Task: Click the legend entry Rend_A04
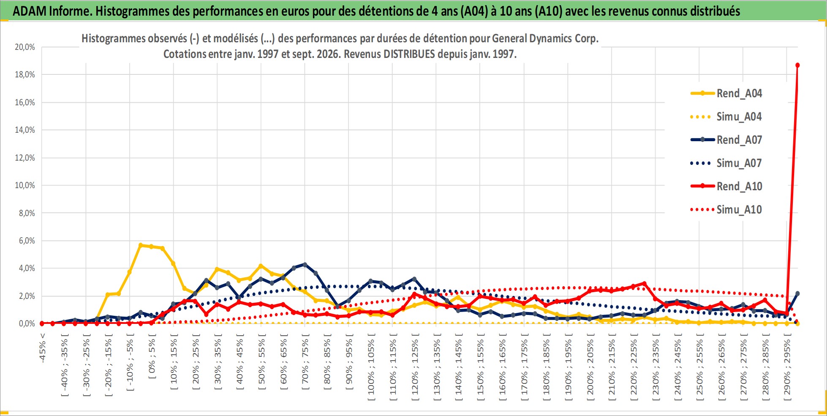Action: (x=726, y=93)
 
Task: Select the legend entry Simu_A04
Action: (x=726, y=117)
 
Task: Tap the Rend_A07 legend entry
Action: (x=726, y=140)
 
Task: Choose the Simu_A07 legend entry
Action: (x=726, y=163)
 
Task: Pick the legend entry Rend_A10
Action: (x=726, y=186)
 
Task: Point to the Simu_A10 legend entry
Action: (x=726, y=210)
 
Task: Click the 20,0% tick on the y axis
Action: (x=25, y=47)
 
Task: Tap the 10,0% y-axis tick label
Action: (x=25, y=185)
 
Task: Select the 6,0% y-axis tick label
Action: (x=27, y=241)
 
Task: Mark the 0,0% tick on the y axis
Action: (x=27, y=323)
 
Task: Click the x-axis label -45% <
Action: (x=42, y=348)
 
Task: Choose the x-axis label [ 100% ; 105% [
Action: (x=371, y=365)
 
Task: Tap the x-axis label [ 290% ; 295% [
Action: (x=787, y=365)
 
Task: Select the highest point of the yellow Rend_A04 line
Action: (x=141, y=245)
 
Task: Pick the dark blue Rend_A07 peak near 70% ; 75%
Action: (x=305, y=265)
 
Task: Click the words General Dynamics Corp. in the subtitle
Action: (x=545, y=38)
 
